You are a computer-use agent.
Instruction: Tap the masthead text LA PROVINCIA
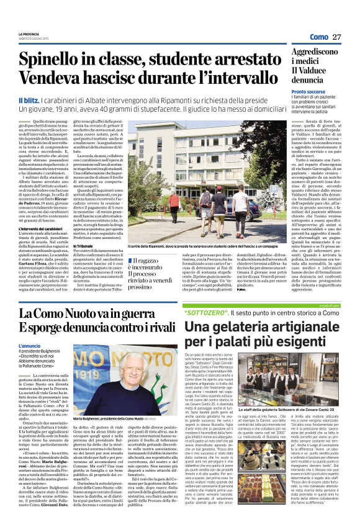(29, 34)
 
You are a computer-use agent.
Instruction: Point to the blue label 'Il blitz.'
(30, 100)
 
